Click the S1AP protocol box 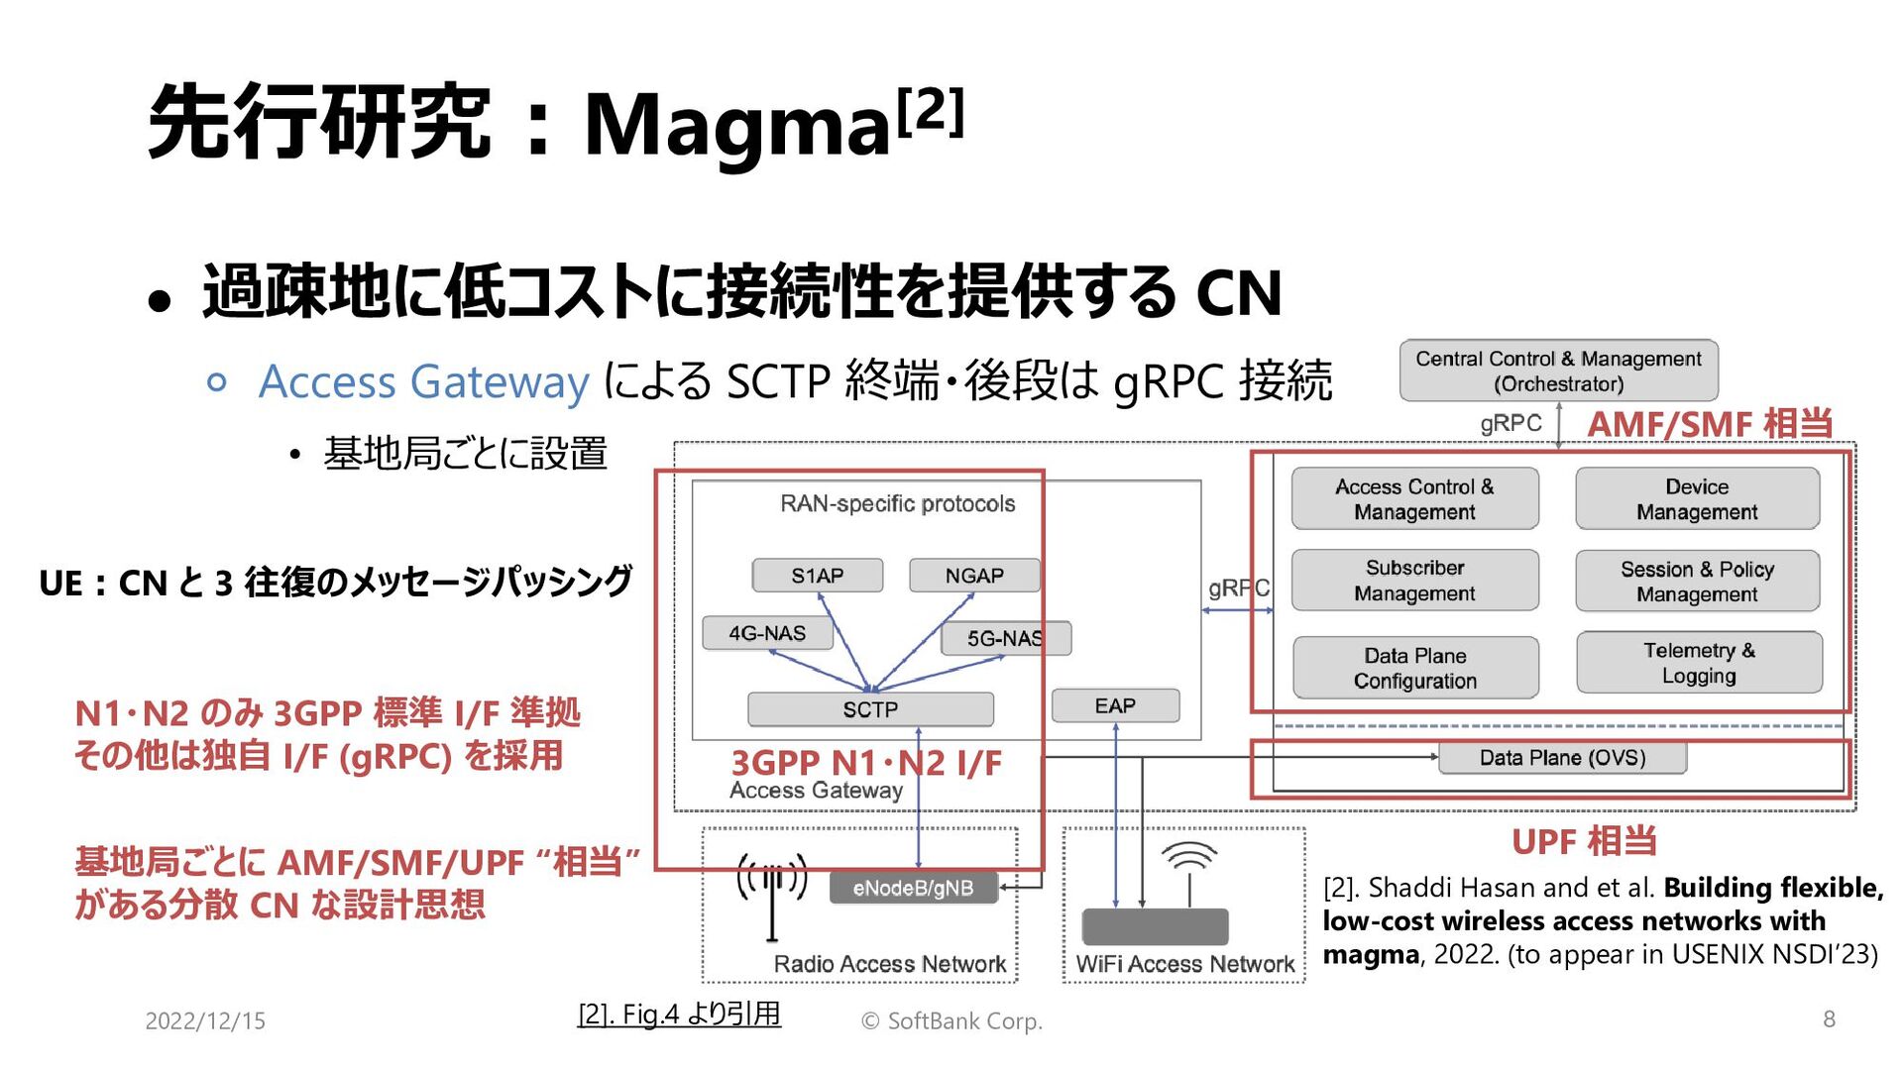pyautogui.click(x=817, y=576)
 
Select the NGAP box pyautogui.click(x=974, y=576)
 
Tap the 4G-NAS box pyautogui.click(x=767, y=633)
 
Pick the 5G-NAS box pyautogui.click(x=1005, y=638)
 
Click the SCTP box pyautogui.click(x=870, y=709)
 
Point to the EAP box pyautogui.click(x=1115, y=705)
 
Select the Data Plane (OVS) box pyautogui.click(x=1562, y=758)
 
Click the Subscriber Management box pyautogui.click(x=1414, y=581)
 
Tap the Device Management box pyautogui.click(x=1697, y=499)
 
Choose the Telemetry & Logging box pyautogui.click(x=1699, y=663)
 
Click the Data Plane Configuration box pyautogui.click(x=1414, y=668)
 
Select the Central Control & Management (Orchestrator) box pyautogui.click(x=1558, y=371)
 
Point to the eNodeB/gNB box pyautogui.click(x=913, y=888)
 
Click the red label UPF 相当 pyautogui.click(x=1584, y=841)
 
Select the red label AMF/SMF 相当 pyautogui.click(x=1710, y=424)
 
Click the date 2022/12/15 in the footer pyautogui.click(x=205, y=1020)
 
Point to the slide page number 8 pyautogui.click(x=1829, y=1018)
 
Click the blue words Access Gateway pyautogui.click(x=424, y=381)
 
